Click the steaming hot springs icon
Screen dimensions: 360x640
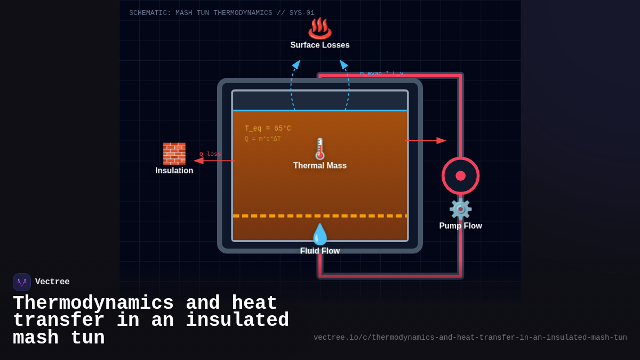click(x=320, y=28)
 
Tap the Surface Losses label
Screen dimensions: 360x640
click(x=320, y=45)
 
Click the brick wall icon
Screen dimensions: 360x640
click(x=174, y=154)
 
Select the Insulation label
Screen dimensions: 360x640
click(x=174, y=171)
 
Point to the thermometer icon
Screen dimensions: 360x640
click(x=320, y=149)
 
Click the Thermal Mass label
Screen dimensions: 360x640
click(x=320, y=166)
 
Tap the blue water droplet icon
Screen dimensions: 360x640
click(x=320, y=234)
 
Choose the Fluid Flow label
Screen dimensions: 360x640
click(x=320, y=251)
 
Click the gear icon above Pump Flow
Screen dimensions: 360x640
click(x=460, y=209)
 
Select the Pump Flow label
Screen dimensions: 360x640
click(x=460, y=226)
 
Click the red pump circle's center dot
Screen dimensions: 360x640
click(x=461, y=176)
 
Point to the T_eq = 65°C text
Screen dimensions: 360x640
click(x=268, y=129)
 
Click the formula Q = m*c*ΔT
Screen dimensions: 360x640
click(x=262, y=139)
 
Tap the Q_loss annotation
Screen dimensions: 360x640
click(x=210, y=154)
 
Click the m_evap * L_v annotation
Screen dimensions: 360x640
click(x=382, y=74)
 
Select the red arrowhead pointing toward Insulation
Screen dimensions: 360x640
click(x=198, y=161)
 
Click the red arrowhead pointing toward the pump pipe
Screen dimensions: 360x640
click(x=442, y=141)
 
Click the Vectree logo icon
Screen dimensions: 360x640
click(x=22, y=282)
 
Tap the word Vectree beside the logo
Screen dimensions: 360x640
click(x=52, y=282)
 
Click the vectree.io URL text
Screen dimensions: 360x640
click(x=470, y=338)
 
